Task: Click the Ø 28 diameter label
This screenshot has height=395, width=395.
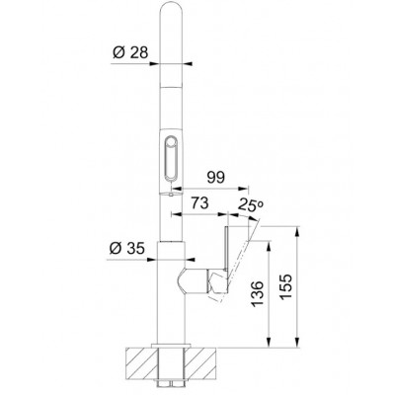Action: (130, 52)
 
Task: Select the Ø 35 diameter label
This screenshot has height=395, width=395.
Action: (126, 249)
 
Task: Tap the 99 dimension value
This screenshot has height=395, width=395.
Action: (215, 178)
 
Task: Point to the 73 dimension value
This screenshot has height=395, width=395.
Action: (199, 203)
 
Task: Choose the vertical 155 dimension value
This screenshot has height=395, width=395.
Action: (285, 286)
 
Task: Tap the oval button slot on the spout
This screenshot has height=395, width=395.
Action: (171, 158)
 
